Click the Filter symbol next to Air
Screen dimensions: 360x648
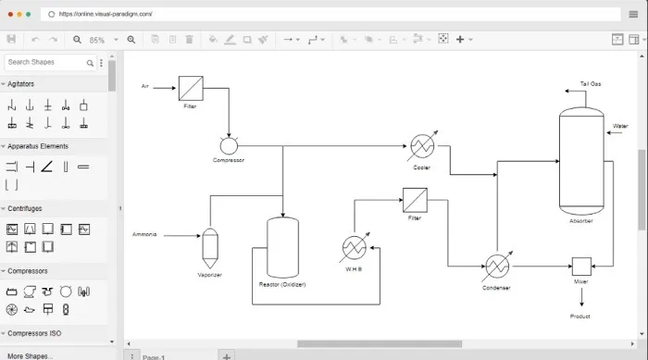click(x=192, y=89)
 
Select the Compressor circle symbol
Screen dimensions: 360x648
click(x=229, y=144)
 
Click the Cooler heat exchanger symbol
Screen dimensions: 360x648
click(x=422, y=147)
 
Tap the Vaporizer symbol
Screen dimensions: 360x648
click(x=210, y=246)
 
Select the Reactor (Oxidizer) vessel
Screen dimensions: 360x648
click(x=282, y=247)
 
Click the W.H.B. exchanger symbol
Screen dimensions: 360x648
click(x=354, y=248)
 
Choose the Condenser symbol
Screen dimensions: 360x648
click(x=497, y=267)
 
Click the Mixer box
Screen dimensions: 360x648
click(x=581, y=266)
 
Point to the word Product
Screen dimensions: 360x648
click(x=580, y=317)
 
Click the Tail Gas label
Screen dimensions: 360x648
click(x=591, y=84)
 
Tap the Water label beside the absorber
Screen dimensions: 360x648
click(x=620, y=126)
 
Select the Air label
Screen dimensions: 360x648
click(x=145, y=86)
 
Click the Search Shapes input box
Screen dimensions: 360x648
click(x=46, y=62)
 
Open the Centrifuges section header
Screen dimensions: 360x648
click(x=25, y=209)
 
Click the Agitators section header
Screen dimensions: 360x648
click(x=21, y=84)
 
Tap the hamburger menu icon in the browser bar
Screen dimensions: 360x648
click(x=633, y=14)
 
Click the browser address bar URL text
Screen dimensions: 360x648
click(x=106, y=14)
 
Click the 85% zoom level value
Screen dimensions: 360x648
click(x=97, y=40)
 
